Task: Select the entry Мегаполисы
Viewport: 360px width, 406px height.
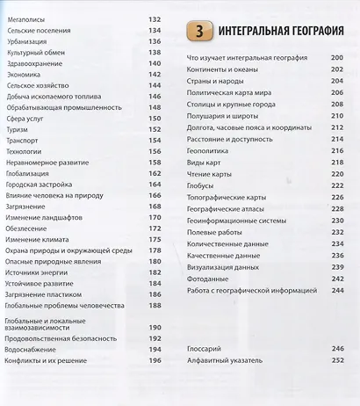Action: click(25, 18)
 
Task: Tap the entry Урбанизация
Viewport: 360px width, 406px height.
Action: click(27, 41)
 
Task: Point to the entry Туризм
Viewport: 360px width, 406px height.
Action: click(18, 128)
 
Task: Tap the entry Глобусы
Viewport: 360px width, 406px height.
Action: click(203, 185)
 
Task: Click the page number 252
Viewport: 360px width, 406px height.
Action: click(336, 360)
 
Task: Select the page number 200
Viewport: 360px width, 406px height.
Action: click(336, 58)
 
